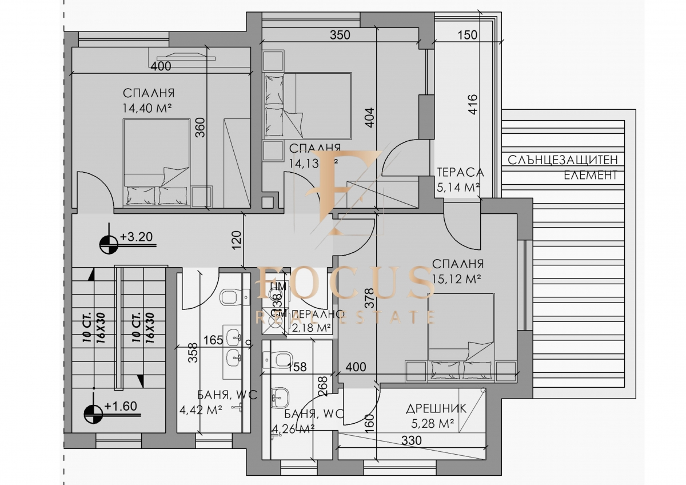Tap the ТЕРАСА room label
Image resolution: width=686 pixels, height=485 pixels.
[x=460, y=172]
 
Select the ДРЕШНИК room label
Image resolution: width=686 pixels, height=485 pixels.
[x=436, y=409]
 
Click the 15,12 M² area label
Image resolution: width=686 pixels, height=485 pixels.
[x=456, y=279]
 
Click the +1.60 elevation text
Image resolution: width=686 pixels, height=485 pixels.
[x=121, y=407]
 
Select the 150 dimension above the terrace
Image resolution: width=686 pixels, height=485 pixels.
[x=467, y=35]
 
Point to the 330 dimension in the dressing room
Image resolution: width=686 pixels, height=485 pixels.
[x=410, y=441]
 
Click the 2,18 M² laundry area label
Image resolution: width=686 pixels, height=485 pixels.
[x=312, y=328]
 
